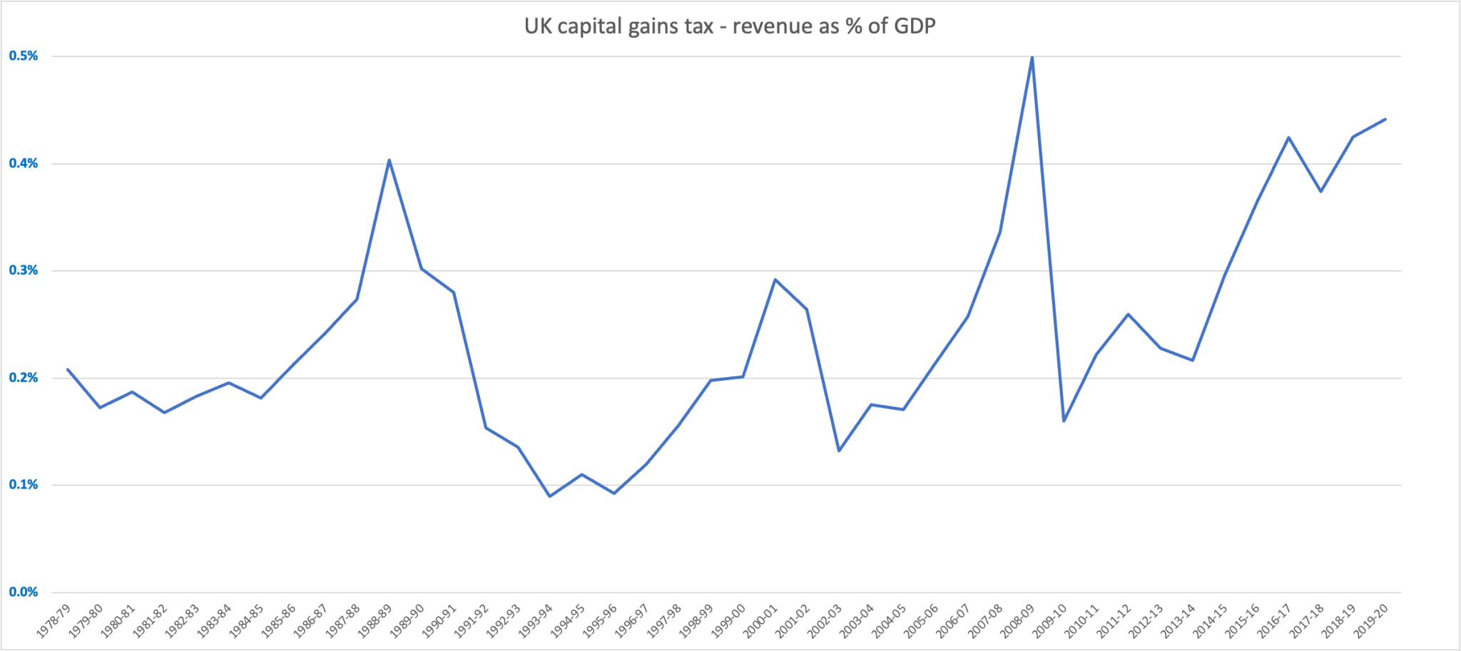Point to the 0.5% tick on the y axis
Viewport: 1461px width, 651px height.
pyautogui.click(x=23, y=56)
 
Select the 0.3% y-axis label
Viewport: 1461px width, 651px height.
pyautogui.click(x=23, y=270)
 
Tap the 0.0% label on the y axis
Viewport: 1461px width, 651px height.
pyautogui.click(x=23, y=592)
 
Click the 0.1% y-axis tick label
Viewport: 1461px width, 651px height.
pyautogui.click(x=23, y=485)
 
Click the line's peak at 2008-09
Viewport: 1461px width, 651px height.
pyautogui.click(x=1032, y=57)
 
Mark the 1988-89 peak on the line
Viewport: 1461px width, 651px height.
pyautogui.click(x=389, y=160)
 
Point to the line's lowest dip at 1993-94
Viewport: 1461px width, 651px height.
pyautogui.click(x=549, y=496)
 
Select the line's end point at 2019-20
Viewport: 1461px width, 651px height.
pyautogui.click(x=1385, y=119)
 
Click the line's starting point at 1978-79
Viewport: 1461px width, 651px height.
pyautogui.click(x=68, y=369)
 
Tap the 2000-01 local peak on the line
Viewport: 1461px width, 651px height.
pyautogui.click(x=775, y=280)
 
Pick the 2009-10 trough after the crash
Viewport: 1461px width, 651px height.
pyautogui.click(x=1064, y=421)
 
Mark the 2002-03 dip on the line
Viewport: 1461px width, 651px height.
pyautogui.click(x=839, y=451)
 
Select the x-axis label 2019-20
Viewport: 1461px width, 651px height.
pyautogui.click(x=1371, y=620)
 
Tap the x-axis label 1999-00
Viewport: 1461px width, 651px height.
pyautogui.click(x=729, y=620)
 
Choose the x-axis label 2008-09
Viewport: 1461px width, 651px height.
pyautogui.click(x=1018, y=620)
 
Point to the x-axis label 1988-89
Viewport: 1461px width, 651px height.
pyautogui.click(x=375, y=620)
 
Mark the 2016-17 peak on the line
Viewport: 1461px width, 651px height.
pyautogui.click(x=1289, y=137)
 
